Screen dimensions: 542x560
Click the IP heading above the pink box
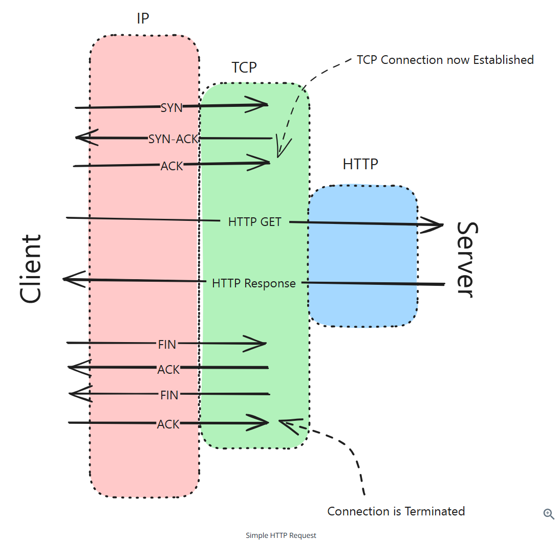click(x=143, y=19)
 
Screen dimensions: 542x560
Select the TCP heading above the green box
click(x=244, y=67)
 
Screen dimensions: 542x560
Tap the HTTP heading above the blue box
click(x=360, y=164)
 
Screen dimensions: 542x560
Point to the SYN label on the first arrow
click(x=171, y=108)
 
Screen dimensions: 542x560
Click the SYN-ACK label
click(x=173, y=139)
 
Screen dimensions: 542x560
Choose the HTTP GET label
click(x=255, y=222)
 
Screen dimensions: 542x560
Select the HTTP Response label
click(x=254, y=283)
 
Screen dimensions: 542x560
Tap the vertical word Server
click(x=466, y=259)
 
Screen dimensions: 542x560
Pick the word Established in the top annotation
click(x=503, y=60)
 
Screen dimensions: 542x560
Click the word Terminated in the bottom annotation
click(x=435, y=511)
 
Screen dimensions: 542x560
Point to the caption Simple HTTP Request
click(x=281, y=535)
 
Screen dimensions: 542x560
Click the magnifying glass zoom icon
click(x=549, y=514)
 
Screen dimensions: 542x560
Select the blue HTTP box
click(x=363, y=256)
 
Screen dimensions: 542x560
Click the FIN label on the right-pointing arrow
click(x=167, y=345)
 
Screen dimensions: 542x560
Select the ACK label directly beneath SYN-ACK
click(x=172, y=166)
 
